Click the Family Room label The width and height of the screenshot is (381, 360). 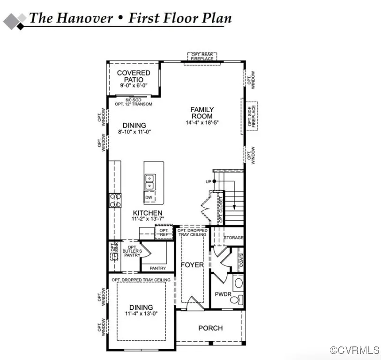coord(202,113)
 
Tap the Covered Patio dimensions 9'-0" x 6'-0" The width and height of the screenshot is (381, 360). coord(134,86)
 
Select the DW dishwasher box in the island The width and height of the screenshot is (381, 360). coord(149,197)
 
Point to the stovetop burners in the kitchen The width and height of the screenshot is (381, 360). coord(115,201)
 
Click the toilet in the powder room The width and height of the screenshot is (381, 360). coord(237,300)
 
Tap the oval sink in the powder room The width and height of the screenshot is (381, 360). coord(239,283)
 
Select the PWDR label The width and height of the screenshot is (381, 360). coord(223,294)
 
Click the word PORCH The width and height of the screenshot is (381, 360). coord(210,328)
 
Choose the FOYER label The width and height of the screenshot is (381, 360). coord(192,265)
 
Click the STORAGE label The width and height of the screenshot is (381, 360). coord(233,238)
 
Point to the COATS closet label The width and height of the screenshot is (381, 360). coord(241,260)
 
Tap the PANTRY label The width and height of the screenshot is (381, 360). coord(158,268)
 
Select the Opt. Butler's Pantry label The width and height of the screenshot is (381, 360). coord(132,251)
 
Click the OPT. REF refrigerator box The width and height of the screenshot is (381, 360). coord(164,232)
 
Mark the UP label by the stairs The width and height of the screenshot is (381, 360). coord(209,181)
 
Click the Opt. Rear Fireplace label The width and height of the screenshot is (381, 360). coord(202,56)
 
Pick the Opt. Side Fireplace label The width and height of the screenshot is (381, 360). coord(252,116)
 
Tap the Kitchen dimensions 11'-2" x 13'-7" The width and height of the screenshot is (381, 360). coord(148,219)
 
